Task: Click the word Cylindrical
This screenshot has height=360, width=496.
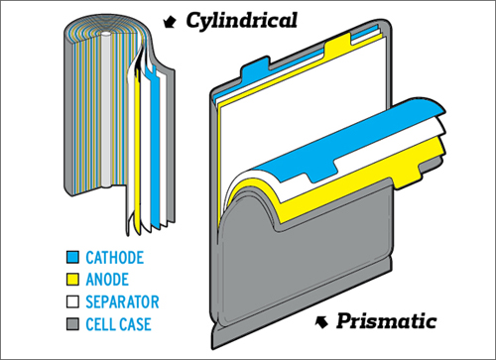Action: [x=241, y=22]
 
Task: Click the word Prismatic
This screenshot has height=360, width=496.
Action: [x=386, y=321]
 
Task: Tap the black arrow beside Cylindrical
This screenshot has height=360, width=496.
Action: [x=170, y=22]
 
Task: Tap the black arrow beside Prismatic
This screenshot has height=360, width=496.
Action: [x=321, y=321]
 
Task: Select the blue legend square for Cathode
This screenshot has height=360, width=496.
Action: [x=72, y=257]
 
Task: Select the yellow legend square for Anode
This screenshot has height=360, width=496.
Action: [x=72, y=280]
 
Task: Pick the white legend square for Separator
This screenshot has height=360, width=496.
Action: [x=72, y=301]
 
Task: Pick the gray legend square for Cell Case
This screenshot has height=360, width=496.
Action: [x=72, y=324]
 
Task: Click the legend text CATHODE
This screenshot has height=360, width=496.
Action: [x=115, y=258]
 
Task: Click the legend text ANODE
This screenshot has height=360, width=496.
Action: [x=107, y=280]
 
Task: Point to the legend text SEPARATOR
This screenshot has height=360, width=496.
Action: [x=122, y=301]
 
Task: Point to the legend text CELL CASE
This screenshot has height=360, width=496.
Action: [x=118, y=324]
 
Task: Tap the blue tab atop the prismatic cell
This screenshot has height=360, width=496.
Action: [x=255, y=67]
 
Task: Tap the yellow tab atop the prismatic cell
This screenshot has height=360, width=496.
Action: [x=337, y=43]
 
